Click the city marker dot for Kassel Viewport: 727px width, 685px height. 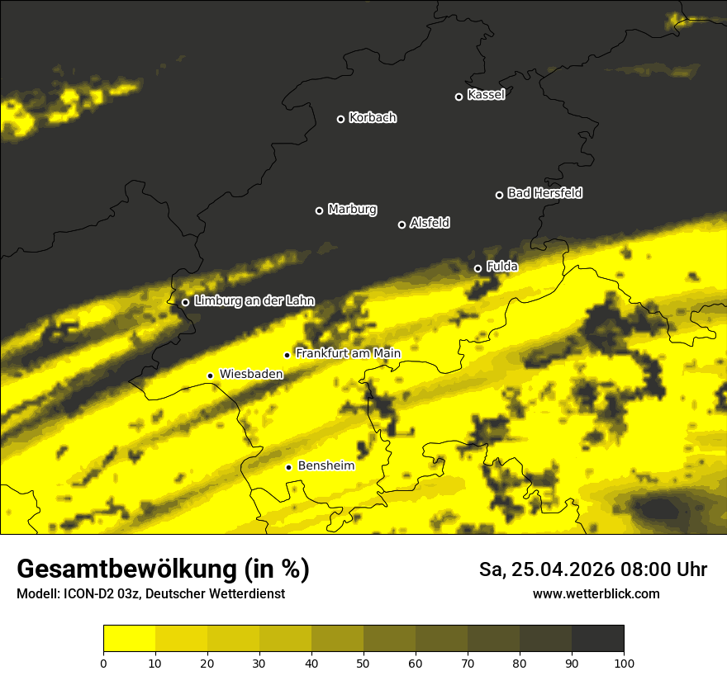(459, 97)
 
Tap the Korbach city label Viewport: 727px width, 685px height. (373, 118)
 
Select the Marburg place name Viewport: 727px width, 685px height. (352, 210)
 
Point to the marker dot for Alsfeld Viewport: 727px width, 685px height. (402, 224)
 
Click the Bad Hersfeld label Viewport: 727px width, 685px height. (544, 193)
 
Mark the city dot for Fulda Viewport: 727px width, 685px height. (478, 268)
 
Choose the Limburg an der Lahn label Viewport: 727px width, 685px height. (254, 301)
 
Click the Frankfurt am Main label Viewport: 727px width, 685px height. (348, 353)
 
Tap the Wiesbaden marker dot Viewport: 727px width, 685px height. (211, 376)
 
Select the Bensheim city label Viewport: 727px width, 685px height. (325, 465)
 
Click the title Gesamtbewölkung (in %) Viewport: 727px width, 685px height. (163, 569)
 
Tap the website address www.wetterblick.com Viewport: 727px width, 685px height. (596, 594)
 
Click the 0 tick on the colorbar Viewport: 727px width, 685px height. (103, 663)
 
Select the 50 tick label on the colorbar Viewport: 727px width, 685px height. (363, 663)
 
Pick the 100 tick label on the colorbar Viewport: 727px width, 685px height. (624, 663)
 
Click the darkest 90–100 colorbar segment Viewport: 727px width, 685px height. (597, 638)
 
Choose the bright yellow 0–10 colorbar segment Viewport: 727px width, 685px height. (129, 638)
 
